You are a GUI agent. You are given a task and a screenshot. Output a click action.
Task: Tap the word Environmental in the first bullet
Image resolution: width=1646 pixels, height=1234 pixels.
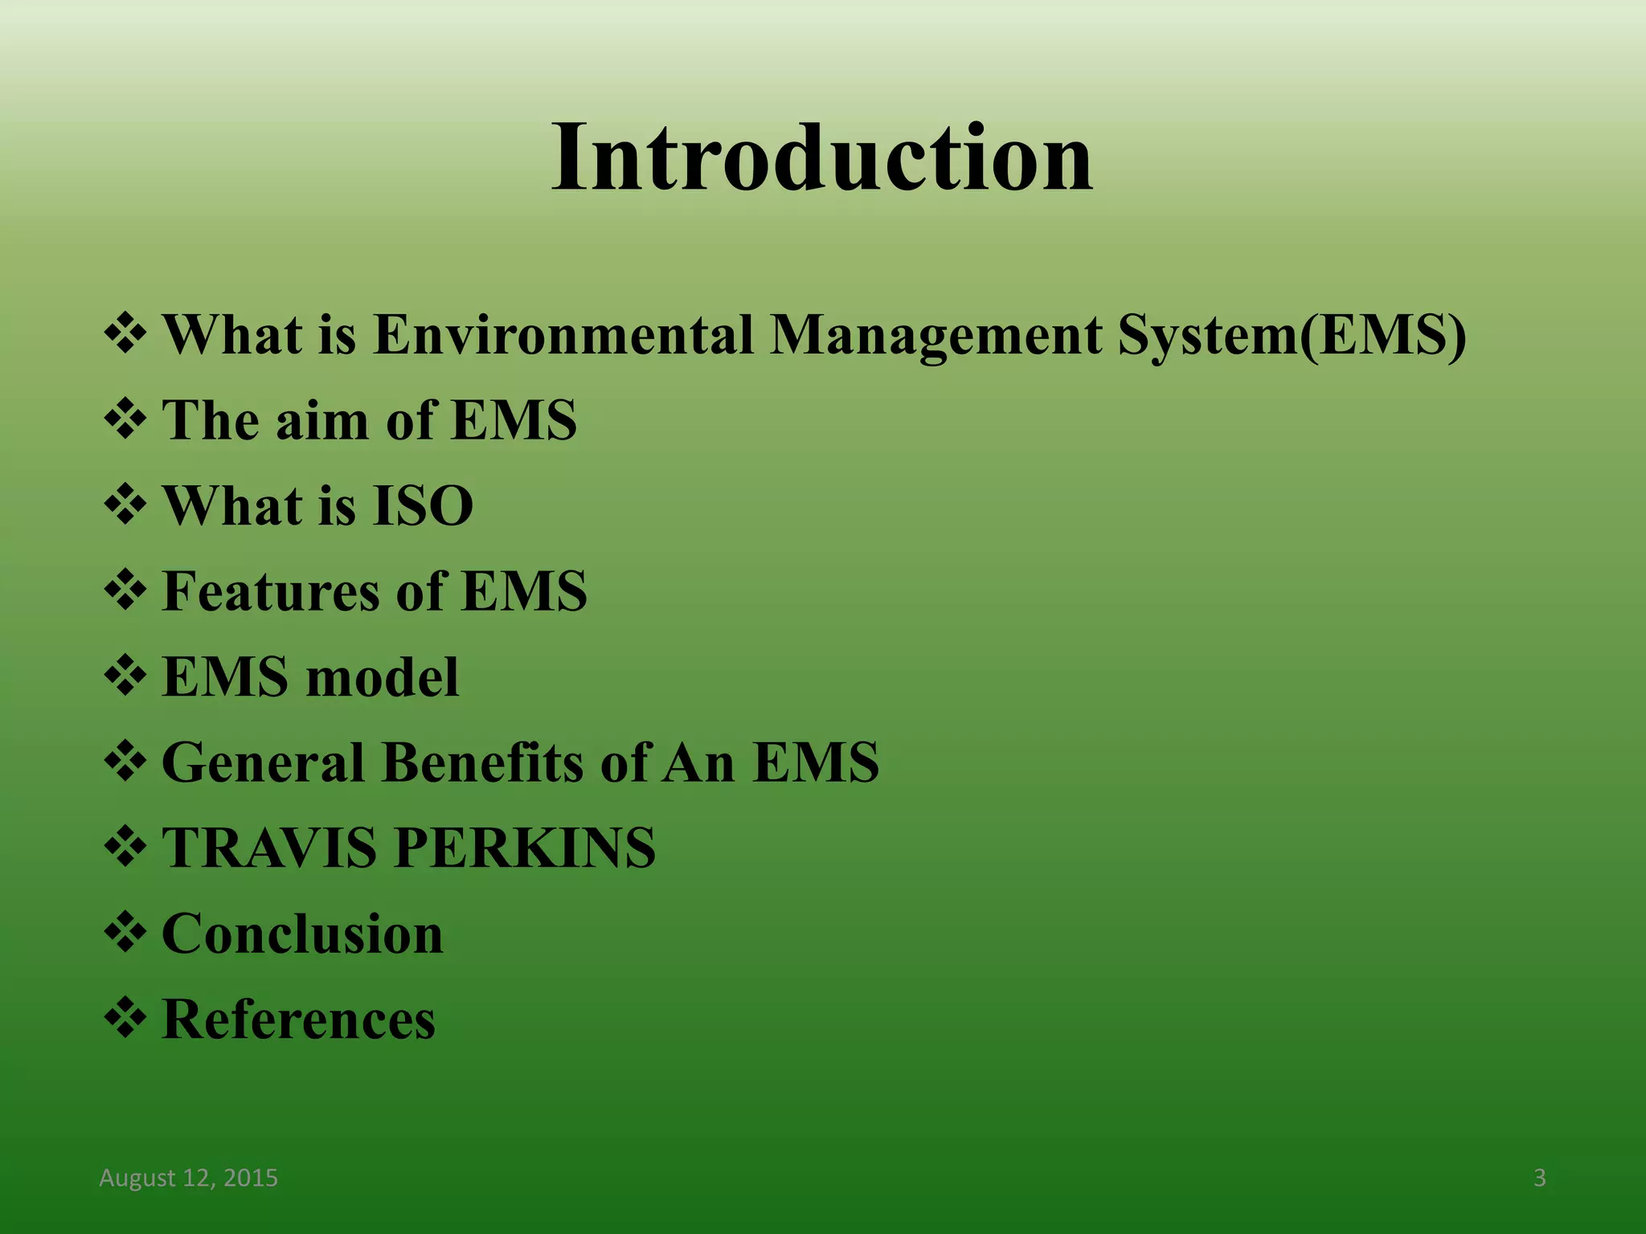click(x=563, y=334)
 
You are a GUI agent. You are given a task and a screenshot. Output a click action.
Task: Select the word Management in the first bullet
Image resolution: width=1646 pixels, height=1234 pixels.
click(x=936, y=334)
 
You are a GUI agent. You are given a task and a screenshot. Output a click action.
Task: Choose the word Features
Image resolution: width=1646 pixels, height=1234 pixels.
click(x=271, y=591)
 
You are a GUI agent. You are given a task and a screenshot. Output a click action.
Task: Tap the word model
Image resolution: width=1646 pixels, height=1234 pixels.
click(x=383, y=677)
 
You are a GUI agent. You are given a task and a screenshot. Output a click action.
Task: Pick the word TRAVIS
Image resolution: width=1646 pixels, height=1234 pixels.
click(x=269, y=848)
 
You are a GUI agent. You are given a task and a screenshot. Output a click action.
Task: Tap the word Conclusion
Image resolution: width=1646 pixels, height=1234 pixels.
click(x=302, y=934)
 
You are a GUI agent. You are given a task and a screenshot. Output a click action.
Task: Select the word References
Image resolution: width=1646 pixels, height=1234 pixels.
click(x=298, y=1019)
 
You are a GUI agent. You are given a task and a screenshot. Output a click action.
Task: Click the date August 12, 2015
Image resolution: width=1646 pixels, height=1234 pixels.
click(x=188, y=1178)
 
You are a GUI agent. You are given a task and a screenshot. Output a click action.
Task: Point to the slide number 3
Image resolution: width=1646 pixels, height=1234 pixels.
click(x=1539, y=1178)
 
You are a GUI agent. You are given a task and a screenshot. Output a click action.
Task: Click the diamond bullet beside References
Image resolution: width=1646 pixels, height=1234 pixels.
click(x=125, y=1018)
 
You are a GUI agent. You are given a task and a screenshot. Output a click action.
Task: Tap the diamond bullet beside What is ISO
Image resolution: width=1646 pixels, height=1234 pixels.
click(x=125, y=505)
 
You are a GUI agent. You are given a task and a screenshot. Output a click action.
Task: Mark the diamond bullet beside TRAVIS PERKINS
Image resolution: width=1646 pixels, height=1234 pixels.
click(x=125, y=847)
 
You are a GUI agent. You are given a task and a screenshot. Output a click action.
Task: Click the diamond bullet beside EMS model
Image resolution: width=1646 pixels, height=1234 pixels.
click(x=125, y=676)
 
